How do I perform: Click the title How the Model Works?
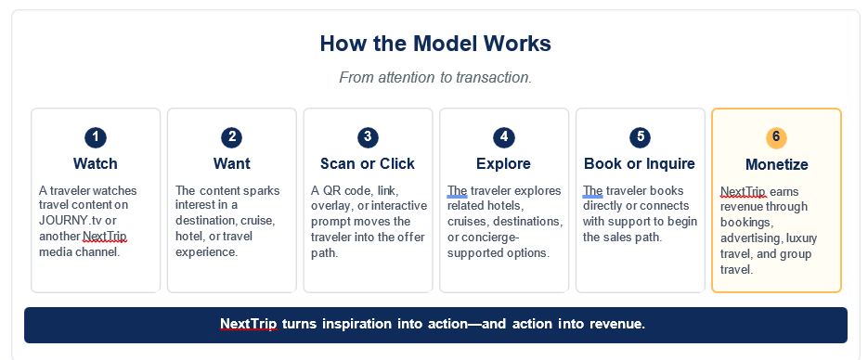435,44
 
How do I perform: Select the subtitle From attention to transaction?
435,77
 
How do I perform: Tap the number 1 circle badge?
96,137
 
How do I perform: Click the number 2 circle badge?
232,137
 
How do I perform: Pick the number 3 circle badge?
368,137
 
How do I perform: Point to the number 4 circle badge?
504,137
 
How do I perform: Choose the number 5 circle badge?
640,137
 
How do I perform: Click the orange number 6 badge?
776,137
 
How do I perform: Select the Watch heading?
96,163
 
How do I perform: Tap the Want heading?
232,163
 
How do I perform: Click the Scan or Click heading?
368,163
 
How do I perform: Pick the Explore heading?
504,163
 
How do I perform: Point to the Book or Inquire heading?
640,163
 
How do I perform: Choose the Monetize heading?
777,165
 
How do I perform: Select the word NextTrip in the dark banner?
249,324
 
